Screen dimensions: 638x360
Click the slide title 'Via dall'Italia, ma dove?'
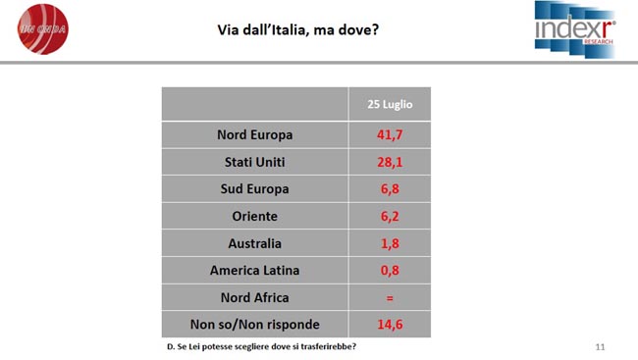pos(297,29)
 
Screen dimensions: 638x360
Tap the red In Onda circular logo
pos(43,29)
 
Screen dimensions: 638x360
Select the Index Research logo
pos(574,29)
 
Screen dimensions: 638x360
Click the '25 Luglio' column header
pos(390,105)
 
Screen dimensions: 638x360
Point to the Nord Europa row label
pos(255,135)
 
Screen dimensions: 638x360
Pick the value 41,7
pos(390,135)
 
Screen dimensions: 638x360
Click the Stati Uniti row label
pos(255,162)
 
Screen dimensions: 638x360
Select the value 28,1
pos(390,162)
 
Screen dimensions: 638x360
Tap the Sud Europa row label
pos(255,189)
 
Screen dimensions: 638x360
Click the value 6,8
pos(390,189)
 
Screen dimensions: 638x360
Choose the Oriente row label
pos(255,217)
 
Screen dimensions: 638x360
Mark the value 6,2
pos(390,217)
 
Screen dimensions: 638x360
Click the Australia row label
pos(255,243)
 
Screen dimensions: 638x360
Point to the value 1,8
pos(390,243)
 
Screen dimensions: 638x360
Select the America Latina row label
pos(255,271)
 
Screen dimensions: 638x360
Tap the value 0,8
pos(390,271)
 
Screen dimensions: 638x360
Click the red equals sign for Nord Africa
pos(390,298)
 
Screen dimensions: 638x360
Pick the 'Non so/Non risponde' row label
pos(255,325)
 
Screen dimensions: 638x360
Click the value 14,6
pos(390,325)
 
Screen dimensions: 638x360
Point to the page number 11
pos(600,347)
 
